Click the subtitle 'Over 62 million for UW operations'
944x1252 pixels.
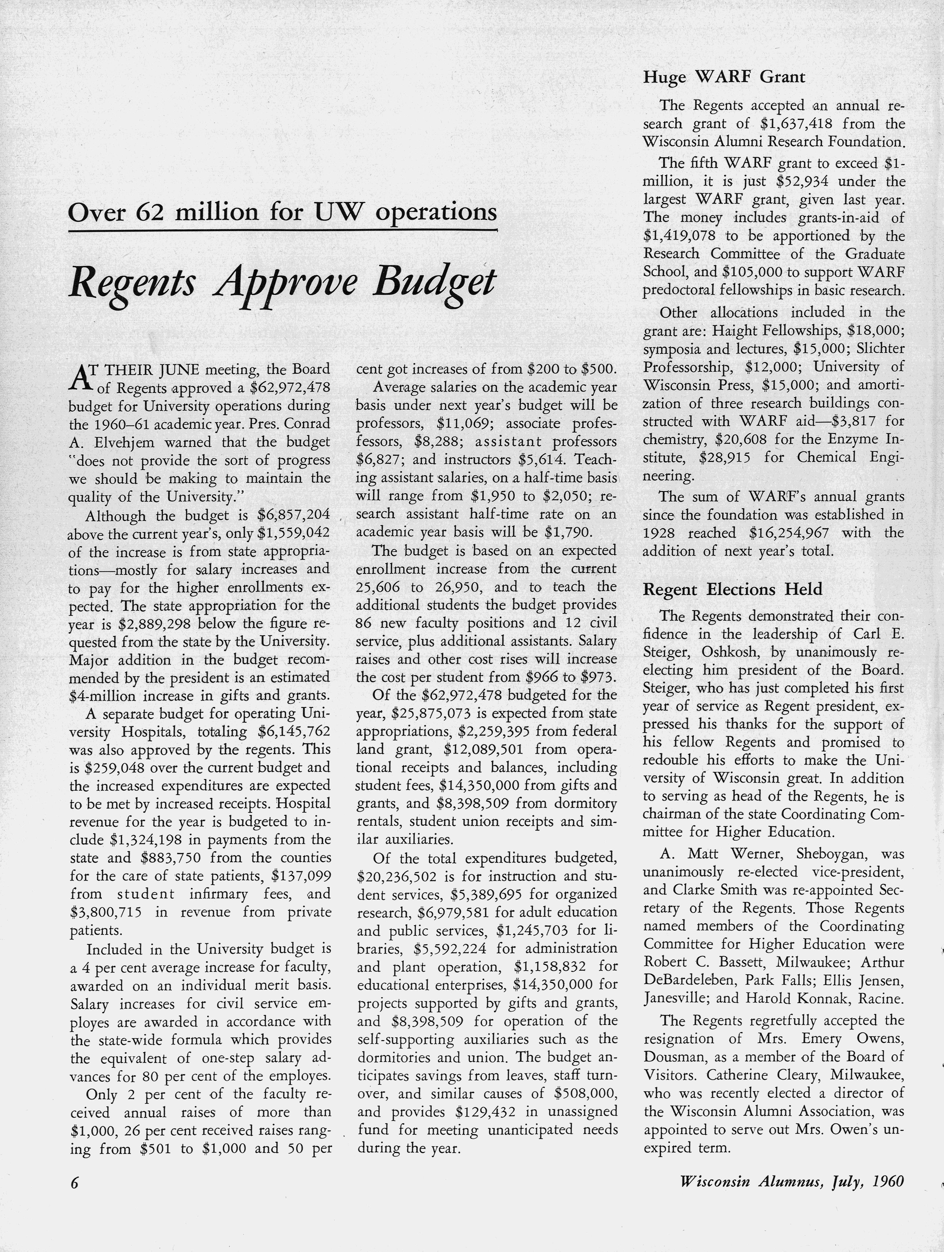[282, 212]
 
